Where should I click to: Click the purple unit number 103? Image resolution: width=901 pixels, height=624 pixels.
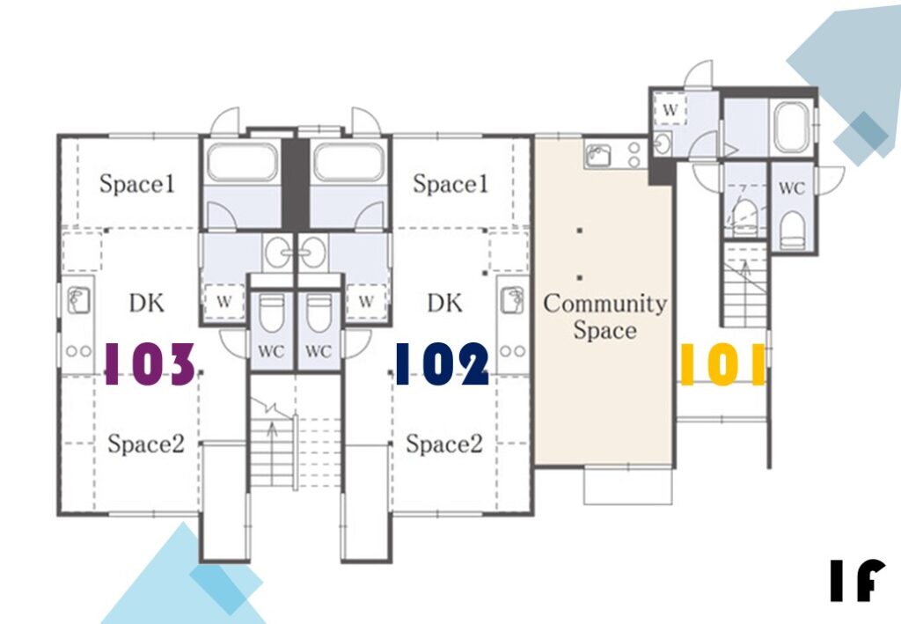[x=150, y=363]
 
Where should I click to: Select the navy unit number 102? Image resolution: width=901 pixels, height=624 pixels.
[x=442, y=363]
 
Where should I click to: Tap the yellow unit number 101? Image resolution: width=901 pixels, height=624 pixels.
[x=722, y=363]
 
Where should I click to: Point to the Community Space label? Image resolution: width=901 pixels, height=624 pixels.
[x=605, y=317]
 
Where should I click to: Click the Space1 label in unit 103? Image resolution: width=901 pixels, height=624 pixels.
[x=136, y=184]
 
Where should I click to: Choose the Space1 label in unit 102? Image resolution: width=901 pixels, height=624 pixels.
[x=450, y=184]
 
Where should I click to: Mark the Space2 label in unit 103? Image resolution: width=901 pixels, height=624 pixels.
[x=146, y=444]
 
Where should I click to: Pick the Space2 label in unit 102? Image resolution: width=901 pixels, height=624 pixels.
[x=444, y=444]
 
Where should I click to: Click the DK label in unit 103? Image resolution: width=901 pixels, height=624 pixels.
[x=147, y=303]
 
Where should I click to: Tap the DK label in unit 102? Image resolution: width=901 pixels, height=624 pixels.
[x=445, y=303]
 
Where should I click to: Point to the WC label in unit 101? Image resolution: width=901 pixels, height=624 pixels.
[x=792, y=187]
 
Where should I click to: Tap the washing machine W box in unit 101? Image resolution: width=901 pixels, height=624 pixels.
[x=670, y=108]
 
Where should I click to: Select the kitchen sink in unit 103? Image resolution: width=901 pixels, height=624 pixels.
[x=78, y=300]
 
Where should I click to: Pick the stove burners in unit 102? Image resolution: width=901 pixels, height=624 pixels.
[x=513, y=350]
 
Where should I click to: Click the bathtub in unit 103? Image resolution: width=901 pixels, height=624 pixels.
[x=242, y=162]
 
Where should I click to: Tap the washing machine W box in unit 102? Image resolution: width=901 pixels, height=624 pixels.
[x=366, y=301]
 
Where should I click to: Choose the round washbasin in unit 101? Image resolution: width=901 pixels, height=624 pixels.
[x=663, y=143]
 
